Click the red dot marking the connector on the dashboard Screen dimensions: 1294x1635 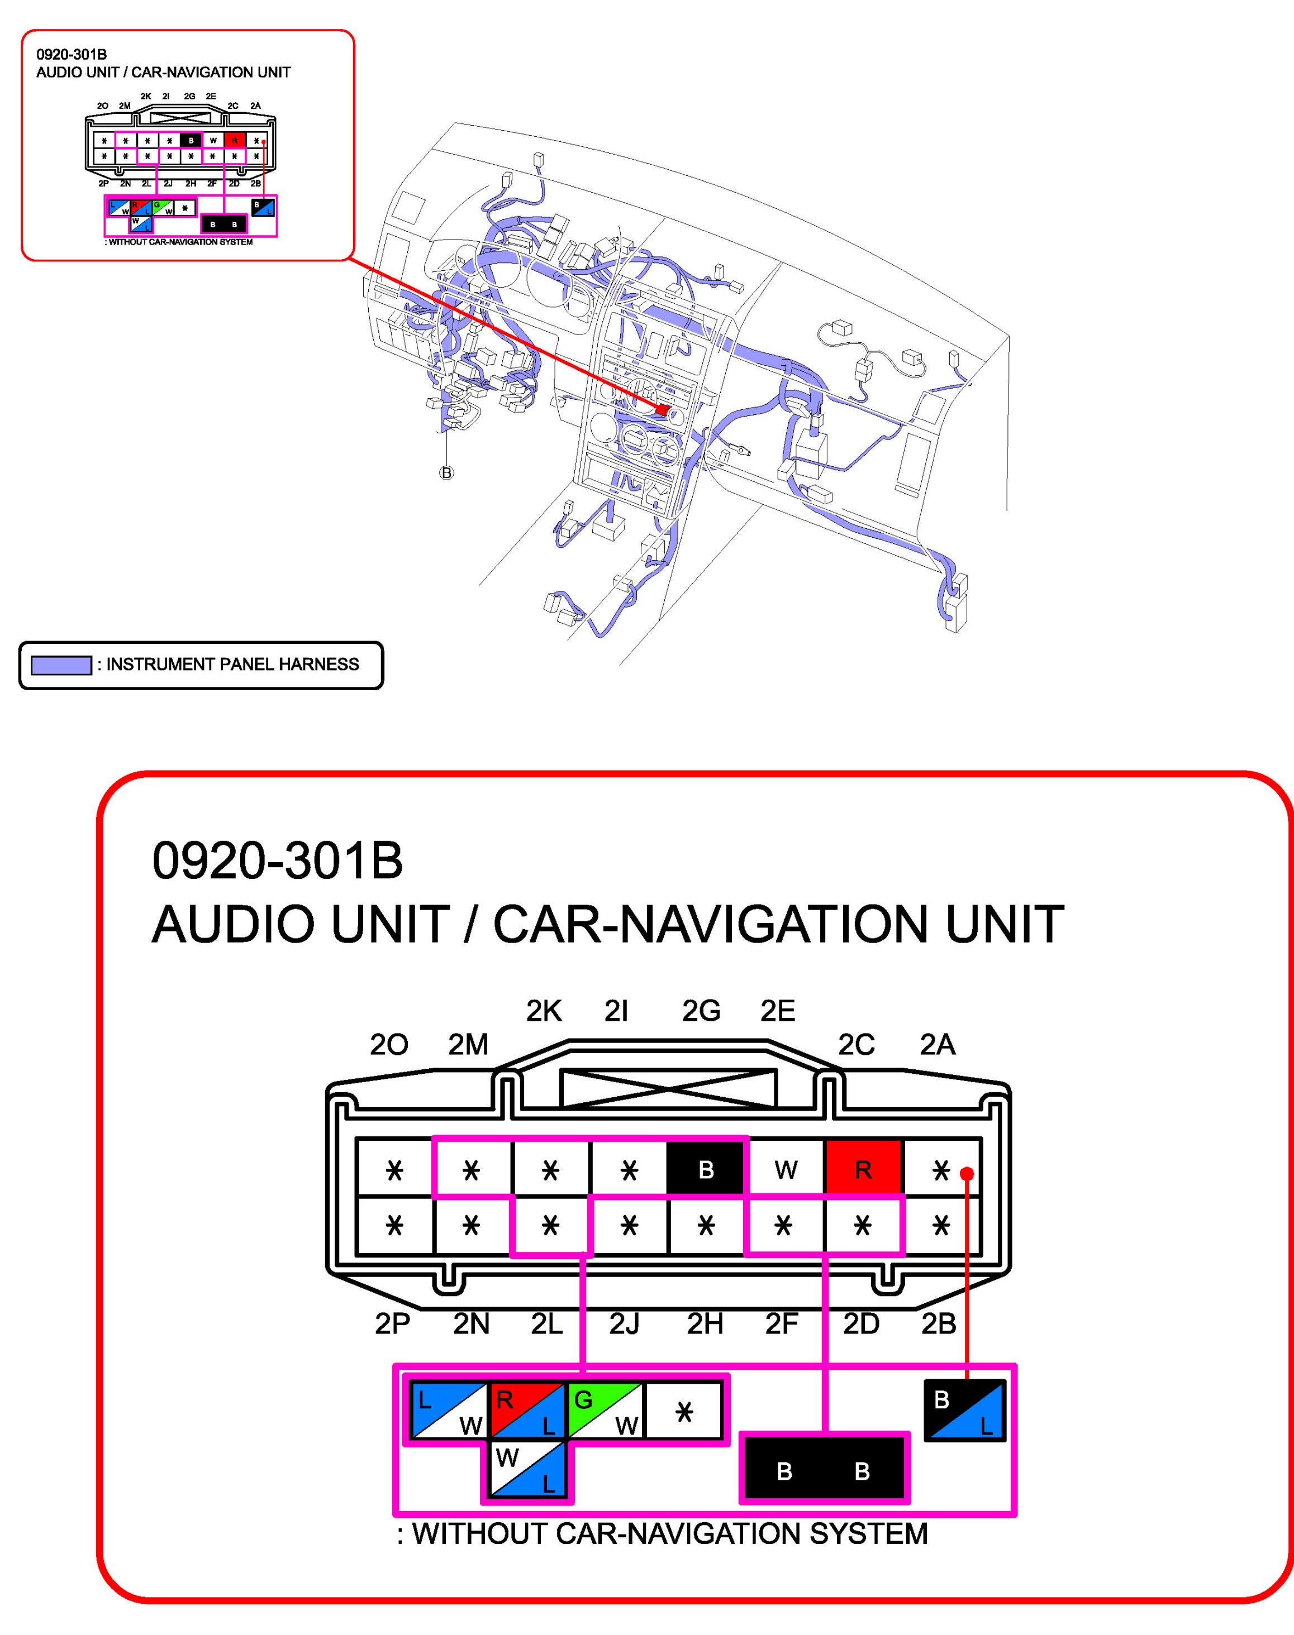tap(663, 410)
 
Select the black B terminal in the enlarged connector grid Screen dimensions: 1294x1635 tap(705, 1170)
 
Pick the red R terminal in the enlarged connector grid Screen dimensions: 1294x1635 tap(863, 1169)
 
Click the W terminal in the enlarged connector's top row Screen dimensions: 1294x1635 tap(786, 1170)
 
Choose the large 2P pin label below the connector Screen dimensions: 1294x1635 tap(392, 1324)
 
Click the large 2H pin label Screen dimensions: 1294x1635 tap(705, 1324)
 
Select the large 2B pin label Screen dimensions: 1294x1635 tap(939, 1324)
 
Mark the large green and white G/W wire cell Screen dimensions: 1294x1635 tap(605, 1410)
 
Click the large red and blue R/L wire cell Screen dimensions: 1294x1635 tap(527, 1410)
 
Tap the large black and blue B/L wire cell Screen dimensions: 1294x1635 tap(964, 1410)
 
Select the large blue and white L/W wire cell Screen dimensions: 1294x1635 tap(449, 1410)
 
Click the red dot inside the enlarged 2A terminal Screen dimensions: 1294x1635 tap(966, 1174)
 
